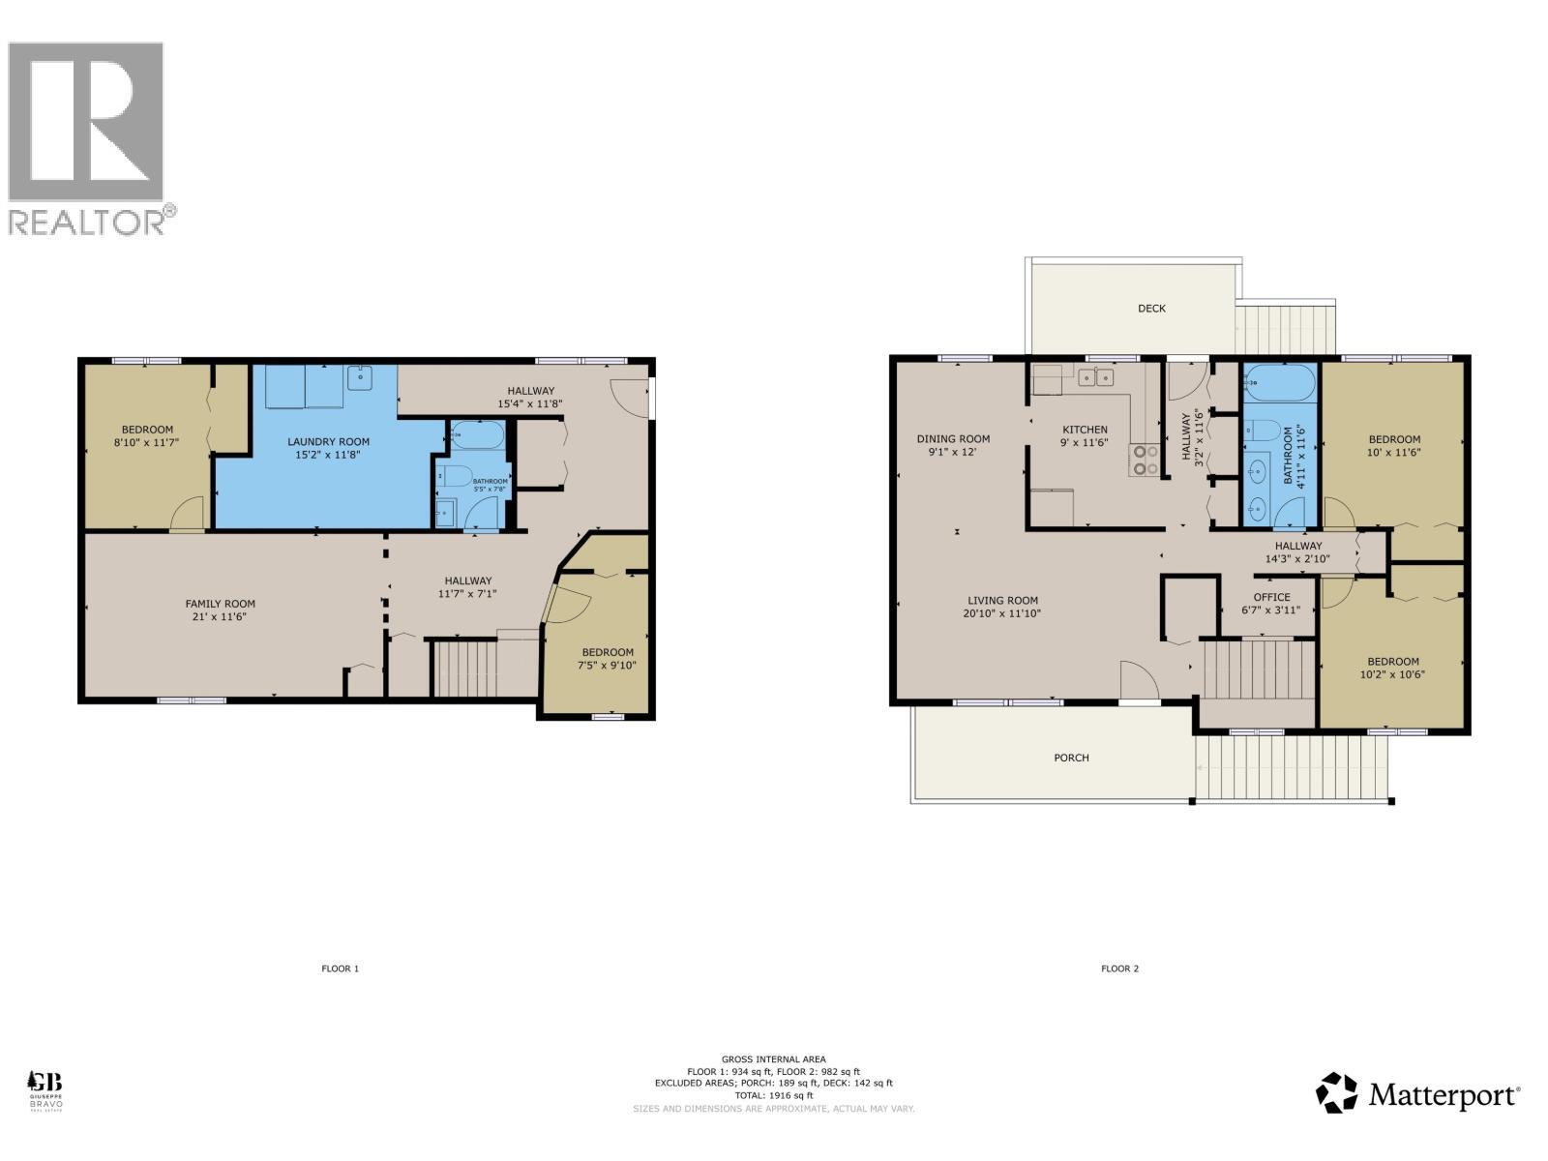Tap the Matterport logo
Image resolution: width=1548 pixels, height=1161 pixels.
[1417, 1094]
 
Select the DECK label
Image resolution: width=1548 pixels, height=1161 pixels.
[1151, 309]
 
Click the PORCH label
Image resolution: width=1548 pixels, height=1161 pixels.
[1071, 758]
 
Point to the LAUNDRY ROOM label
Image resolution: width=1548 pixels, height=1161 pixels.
[328, 442]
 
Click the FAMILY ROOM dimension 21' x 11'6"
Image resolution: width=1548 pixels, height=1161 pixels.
[221, 616]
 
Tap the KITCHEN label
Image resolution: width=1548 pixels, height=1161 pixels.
[1085, 430]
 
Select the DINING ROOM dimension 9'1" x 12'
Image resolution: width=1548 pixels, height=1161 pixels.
[953, 452]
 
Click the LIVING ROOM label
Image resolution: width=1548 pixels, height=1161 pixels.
[1002, 600]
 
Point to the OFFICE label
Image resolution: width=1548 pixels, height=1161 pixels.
[1271, 597]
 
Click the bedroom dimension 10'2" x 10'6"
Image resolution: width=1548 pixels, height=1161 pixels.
[1392, 675]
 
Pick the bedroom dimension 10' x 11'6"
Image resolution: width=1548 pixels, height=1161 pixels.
[1393, 452]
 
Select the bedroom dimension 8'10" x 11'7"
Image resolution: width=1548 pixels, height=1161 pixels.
[147, 443]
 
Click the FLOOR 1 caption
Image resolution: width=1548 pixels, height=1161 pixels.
[341, 968]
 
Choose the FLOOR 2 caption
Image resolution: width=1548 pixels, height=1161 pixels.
[1120, 968]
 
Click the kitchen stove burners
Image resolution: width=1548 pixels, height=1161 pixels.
[1146, 460]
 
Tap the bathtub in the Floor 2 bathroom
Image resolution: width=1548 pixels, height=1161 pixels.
[1279, 384]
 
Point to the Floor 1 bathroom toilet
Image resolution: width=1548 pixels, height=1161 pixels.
[455, 475]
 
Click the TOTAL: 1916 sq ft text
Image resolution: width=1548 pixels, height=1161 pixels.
[773, 1095]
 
